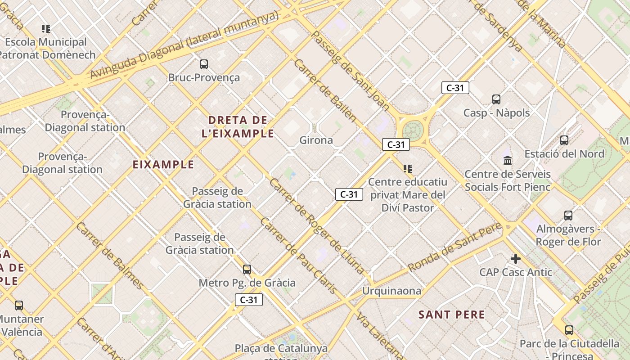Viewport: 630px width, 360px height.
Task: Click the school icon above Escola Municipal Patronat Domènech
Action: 45,29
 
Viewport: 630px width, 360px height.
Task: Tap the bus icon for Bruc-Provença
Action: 204,64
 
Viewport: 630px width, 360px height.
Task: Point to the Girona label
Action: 316,140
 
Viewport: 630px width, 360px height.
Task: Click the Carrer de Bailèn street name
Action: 325,90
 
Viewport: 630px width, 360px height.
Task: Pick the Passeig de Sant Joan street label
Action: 350,71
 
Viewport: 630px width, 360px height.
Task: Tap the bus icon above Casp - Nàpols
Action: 496,99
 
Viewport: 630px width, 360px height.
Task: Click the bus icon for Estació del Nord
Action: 564,140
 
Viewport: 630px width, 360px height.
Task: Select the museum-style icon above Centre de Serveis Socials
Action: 508,160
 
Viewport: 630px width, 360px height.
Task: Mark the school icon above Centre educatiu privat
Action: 408,169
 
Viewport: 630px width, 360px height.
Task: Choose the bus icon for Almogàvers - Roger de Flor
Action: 568,216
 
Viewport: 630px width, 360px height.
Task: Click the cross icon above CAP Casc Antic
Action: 516,259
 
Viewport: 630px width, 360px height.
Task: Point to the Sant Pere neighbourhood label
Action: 452,315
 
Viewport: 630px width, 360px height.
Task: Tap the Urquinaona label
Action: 392,291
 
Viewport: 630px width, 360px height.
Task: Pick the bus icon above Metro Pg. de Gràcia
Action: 247,270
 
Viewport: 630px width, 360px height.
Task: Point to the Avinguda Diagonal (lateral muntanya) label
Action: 184,45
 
